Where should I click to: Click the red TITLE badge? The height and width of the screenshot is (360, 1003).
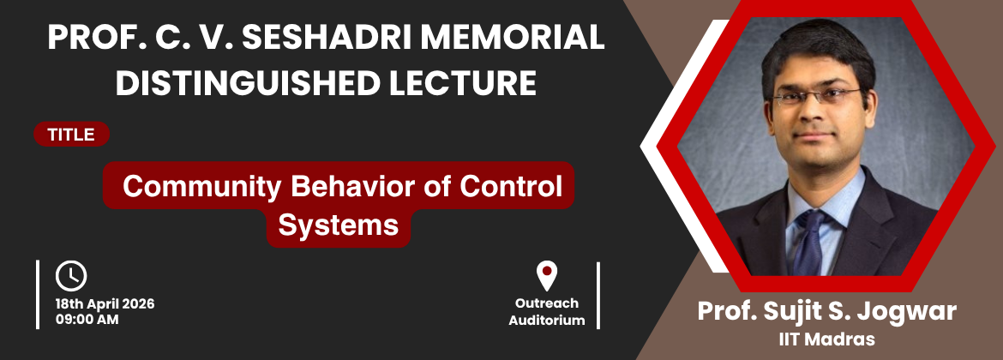pos(72,135)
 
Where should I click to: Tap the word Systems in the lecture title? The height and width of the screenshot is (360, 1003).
pos(339,225)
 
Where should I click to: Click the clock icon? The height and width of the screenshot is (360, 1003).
pos(71,276)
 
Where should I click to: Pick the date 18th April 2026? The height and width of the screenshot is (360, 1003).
pos(105,304)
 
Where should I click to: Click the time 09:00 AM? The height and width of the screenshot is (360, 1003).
pos(87,320)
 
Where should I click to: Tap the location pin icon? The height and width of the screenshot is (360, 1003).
pos(546,276)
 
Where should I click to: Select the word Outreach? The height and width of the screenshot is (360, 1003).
pos(547,303)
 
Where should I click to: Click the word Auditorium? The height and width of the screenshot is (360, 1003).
pos(547,321)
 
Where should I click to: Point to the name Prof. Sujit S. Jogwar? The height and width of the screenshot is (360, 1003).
pos(826,311)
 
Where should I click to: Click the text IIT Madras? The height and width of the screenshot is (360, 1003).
pos(826,339)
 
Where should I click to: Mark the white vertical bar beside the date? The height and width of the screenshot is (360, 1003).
pos(38,295)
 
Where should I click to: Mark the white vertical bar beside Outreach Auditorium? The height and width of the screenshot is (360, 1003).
pos(598,296)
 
